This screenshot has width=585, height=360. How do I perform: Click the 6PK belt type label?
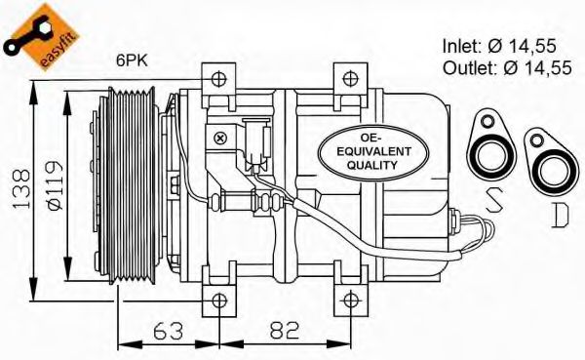tap(132, 60)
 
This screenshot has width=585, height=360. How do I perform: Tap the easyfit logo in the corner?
tap(41, 37)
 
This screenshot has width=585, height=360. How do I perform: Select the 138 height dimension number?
tap(21, 189)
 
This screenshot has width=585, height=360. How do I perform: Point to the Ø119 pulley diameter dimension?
tap(54, 185)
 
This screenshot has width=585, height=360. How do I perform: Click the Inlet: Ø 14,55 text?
tap(499, 46)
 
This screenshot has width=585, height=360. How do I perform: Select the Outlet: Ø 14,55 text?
tap(507, 68)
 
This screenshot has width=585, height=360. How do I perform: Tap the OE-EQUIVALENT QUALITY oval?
tap(373, 152)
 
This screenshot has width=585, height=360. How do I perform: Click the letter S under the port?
tap(493, 200)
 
